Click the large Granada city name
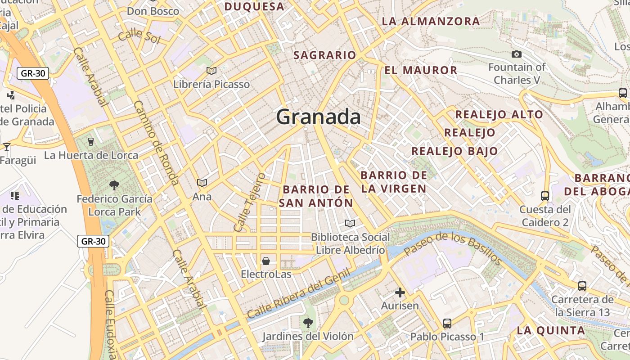(318, 117)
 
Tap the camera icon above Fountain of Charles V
(517, 54)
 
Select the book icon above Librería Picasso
(211, 71)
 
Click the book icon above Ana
(202, 183)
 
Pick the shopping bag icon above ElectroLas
(266, 261)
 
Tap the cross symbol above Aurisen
(400, 292)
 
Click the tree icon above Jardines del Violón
(308, 322)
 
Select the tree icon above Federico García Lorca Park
(114, 185)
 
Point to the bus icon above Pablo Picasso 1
(447, 323)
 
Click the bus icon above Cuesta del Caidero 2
(545, 196)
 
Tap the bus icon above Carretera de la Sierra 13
(582, 286)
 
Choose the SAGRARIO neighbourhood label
(324, 55)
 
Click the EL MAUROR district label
(421, 70)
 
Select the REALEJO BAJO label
(454, 151)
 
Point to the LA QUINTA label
(551, 331)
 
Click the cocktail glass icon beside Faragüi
(6, 147)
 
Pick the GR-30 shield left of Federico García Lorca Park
(94, 241)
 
